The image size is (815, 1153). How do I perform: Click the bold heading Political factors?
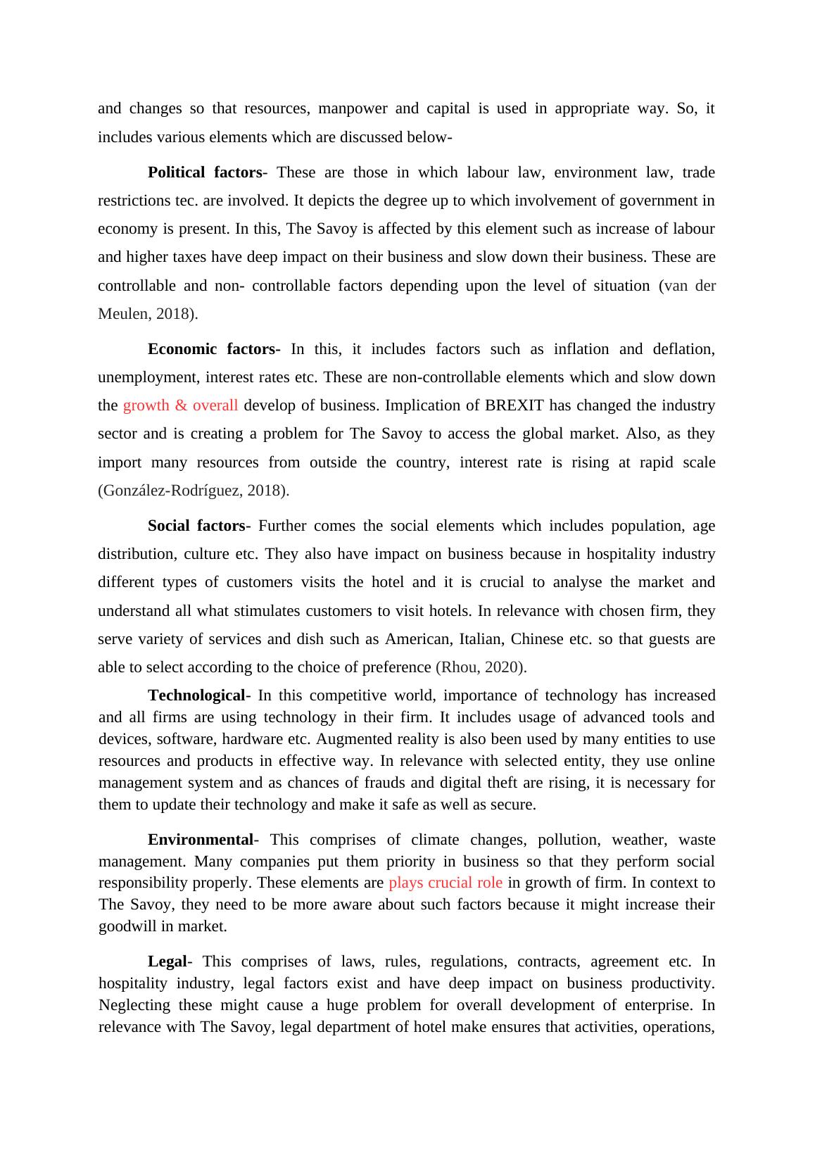click(204, 172)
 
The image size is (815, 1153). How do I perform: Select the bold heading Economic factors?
click(214, 349)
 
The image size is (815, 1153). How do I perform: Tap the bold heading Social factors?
click(196, 526)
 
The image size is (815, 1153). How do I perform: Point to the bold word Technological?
click(196, 695)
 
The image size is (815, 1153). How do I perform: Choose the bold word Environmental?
click(200, 840)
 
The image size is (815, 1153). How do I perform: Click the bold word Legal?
click(167, 962)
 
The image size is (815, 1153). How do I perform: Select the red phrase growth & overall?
click(180, 405)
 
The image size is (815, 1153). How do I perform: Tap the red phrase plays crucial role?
click(446, 883)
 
